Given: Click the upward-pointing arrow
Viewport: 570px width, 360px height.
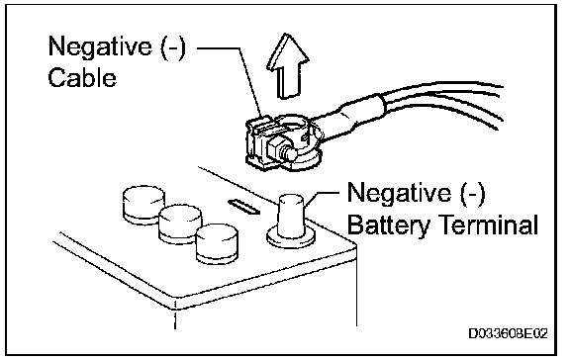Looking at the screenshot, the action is [x=288, y=67].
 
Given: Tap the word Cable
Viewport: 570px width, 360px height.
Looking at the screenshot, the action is [x=82, y=78].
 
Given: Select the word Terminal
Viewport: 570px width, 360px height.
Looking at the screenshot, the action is [x=489, y=225].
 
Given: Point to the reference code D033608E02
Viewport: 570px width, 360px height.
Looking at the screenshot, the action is [x=508, y=333].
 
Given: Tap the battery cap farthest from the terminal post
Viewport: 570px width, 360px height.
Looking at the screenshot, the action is [x=143, y=204].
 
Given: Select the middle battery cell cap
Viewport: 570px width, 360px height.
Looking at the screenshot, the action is [x=180, y=225].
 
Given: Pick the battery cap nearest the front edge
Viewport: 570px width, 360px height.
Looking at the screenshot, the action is [x=217, y=243].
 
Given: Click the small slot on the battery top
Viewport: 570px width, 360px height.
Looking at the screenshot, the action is [x=243, y=207].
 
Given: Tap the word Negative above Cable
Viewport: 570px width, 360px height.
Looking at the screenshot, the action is [x=100, y=46].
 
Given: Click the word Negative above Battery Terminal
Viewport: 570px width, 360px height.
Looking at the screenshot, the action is [x=399, y=193].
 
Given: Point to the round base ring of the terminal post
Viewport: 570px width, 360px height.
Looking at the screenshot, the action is [x=291, y=238].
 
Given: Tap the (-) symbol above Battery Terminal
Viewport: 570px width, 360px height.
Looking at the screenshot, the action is [x=472, y=193].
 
